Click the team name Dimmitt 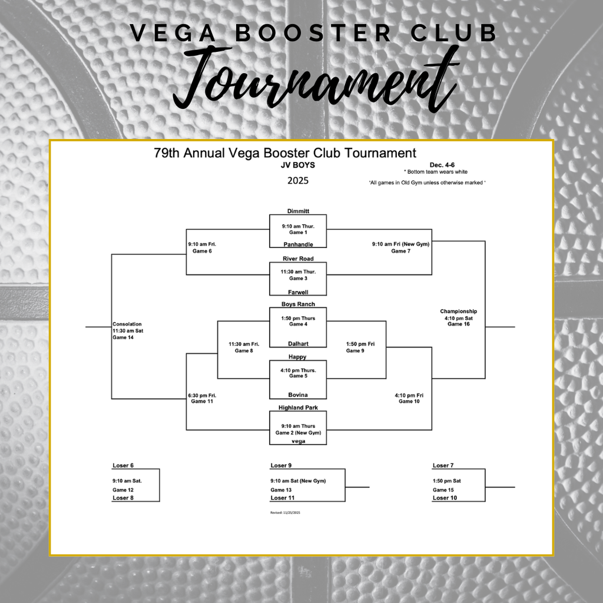tap(298, 211)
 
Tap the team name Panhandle tap(298, 244)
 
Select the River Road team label tap(298, 259)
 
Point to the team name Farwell tap(298, 292)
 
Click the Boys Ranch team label tap(298, 304)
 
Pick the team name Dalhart tap(298, 343)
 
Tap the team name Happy tap(297, 357)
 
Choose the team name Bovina tap(298, 395)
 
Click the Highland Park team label tap(298, 407)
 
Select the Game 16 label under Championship tap(458, 324)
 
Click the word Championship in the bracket tap(458, 311)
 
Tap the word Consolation tap(127, 324)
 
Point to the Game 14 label tap(123, 337)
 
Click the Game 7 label tap(400, 251)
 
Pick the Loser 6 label tap(123, 465)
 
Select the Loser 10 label tap(445, 498)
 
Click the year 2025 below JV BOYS tap(298, 181)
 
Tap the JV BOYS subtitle tap(298, 165)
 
